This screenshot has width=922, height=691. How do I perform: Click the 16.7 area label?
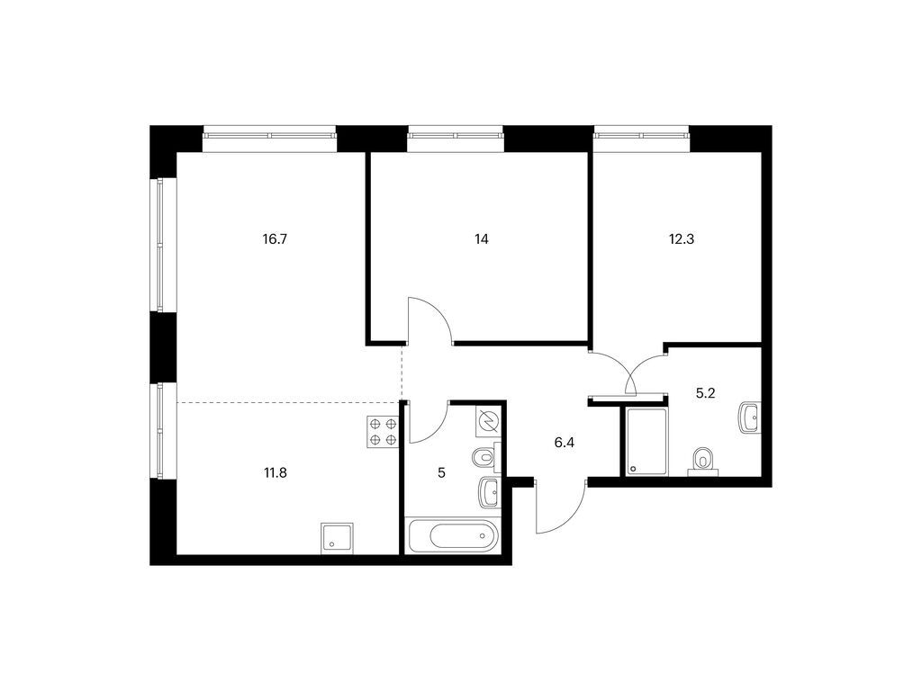tap(276, 239)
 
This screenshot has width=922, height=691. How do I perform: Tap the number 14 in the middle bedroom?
tap(482, 239)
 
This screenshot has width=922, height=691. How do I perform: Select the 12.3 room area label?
tap(682, 239)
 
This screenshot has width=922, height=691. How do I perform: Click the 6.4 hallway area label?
tap(564, 443)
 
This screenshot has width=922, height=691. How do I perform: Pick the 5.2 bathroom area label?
tap(705, 394)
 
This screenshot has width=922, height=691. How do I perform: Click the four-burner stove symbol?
tap(384, 432)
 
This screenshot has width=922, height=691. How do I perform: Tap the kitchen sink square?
tap(338, 538)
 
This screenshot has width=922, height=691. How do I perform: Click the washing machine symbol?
tap(489, 421)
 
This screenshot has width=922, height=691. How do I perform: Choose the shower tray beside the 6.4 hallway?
tap(646, 441)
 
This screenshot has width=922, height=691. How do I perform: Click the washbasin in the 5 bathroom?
tap(489, 492)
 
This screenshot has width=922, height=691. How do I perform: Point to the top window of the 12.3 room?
tap(641, 135)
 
